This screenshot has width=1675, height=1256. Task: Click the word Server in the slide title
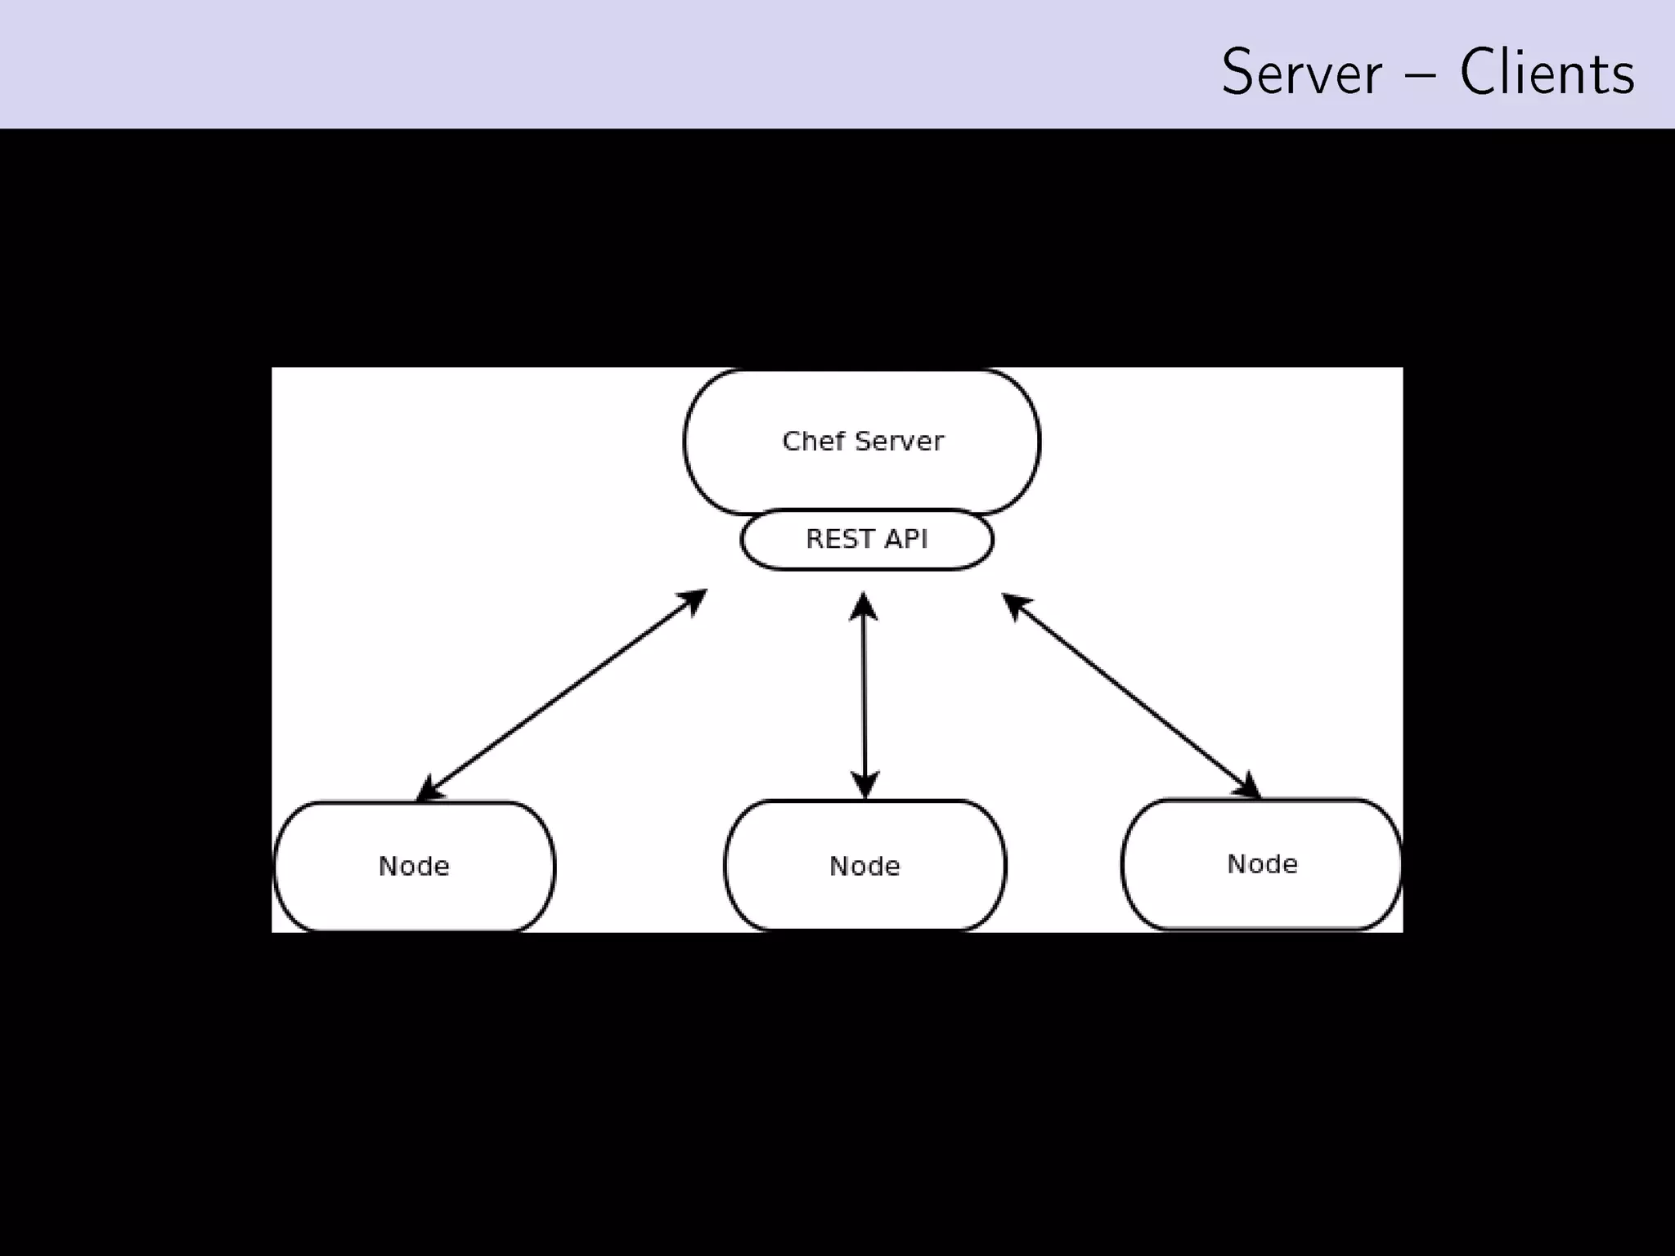[1301, 74]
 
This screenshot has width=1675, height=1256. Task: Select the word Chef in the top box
[813, 442]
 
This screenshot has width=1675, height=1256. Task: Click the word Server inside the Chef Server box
[899, 442]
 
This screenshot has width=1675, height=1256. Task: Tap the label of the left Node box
[414, 866]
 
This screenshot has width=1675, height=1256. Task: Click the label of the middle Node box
[864, 866]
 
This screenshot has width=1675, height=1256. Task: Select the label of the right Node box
[1262, 864]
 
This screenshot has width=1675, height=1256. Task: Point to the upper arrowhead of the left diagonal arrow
[694, 599]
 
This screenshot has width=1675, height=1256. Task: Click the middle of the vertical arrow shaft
[864, 695]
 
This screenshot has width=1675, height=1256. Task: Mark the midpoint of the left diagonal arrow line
[561, 694]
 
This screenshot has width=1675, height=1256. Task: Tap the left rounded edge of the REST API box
[743, 540]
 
